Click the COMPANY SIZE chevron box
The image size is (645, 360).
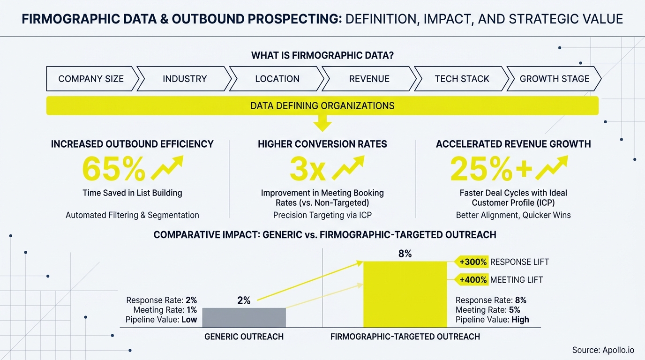point(91,79)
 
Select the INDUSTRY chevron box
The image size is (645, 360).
point(184,79)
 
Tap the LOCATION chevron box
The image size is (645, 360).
point(277,79)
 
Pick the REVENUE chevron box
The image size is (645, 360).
point(369,79)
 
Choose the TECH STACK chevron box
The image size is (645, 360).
point(462,79)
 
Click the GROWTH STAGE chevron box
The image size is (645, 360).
point(554,79)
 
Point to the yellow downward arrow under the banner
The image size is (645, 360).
point(322,124)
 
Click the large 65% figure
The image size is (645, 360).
point(113,169)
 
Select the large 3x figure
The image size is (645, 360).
point(307,169)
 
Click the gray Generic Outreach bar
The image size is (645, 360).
point(244,317)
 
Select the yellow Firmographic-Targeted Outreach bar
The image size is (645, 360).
point(405,294)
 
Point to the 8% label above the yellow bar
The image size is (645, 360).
point(405,254)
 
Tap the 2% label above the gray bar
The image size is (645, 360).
point(244,300)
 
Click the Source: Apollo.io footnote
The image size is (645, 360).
point(603,350)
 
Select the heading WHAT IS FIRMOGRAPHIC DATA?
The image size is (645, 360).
point(322,55)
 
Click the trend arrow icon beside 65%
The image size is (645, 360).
point(167,168)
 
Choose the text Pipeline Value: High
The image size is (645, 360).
point(492,320)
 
